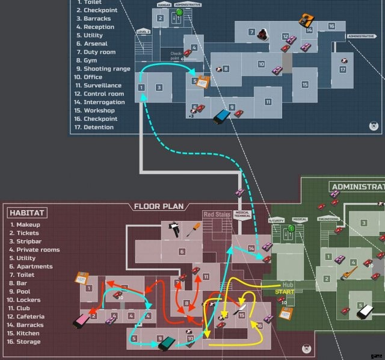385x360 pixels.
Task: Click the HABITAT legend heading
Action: pyautogui.click(x=28, y=213)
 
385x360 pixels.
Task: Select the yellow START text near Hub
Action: pyautogui.click(x=285, y=292)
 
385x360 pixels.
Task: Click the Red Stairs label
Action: pyautogui.click(x=217, y=214)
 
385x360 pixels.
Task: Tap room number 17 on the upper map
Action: pyautogui.click(x=342, y=69)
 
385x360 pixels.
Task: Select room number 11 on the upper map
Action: pyautogui.click(x=268, y=102)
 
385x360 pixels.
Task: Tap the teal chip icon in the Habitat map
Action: pyautogui.click(x=167, y=343)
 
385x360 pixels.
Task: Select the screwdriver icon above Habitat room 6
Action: pyautogui.click(x=193, y=229)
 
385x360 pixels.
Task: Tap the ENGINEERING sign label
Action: pyautogui.click(x=328, y=220)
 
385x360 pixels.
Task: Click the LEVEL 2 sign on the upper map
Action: pyautogui.click(x=143, y=31)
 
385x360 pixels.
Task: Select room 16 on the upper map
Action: pyautogui.click(x=331, y=26)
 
